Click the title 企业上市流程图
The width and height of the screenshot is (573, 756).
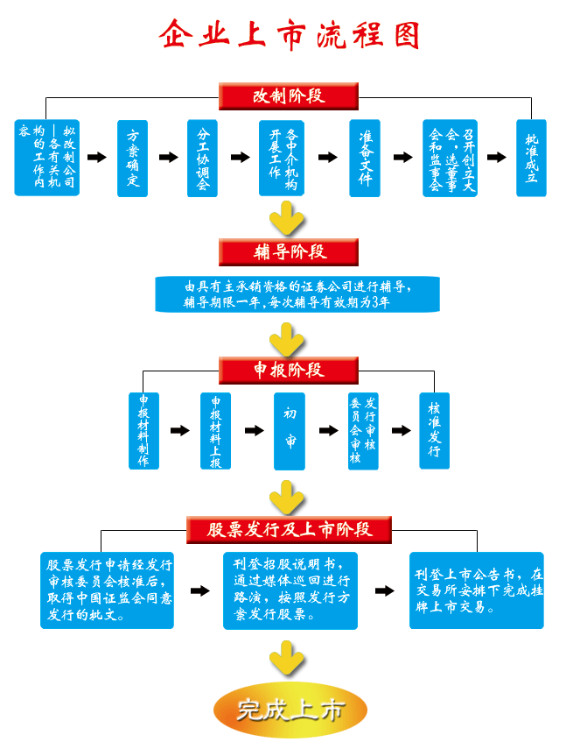tap(290, 34)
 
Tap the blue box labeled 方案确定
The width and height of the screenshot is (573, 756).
tap(132, 158)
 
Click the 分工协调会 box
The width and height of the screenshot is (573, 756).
tap(202, 158)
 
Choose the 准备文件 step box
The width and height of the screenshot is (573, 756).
tap(364, 158)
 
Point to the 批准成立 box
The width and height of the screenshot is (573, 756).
tap(531, 158)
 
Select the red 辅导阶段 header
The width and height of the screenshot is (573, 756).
tap(289, 252)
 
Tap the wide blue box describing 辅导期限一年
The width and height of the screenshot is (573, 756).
tap(297, 294)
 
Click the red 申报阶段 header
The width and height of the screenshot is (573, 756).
tap(289, 370)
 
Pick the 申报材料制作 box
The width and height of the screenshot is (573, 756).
tap(143, 430)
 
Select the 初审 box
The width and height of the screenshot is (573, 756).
tap(289, 430)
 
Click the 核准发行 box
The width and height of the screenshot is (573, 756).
tap(434, 430)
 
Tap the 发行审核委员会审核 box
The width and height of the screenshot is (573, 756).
tap(363, 430)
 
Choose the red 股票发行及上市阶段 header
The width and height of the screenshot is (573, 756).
tap(289, 529)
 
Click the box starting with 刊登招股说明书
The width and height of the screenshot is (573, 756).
tap(290, 590)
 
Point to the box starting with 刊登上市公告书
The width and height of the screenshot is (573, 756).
tap(477, 590)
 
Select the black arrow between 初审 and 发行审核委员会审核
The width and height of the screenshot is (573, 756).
tap(328, 431)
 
